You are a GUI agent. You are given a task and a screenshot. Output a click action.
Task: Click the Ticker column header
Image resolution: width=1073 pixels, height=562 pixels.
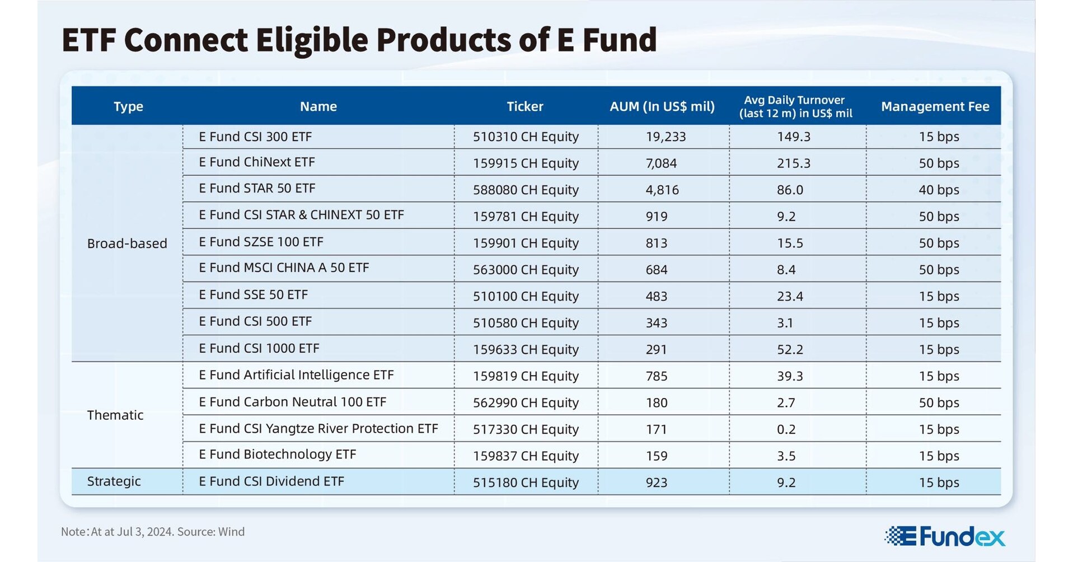(524, 106)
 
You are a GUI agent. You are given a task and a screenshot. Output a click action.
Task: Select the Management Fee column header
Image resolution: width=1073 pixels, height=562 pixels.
(935, 106)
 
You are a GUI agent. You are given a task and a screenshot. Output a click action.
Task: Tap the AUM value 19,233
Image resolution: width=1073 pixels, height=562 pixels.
(665, 137)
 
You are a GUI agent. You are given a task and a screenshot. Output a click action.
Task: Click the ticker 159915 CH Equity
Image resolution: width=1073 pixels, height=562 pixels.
(526, 163)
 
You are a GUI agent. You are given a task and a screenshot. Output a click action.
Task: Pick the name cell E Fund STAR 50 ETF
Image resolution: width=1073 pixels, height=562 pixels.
(257, 189)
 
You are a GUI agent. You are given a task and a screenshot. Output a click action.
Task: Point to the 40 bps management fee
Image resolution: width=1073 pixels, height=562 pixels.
(939, 190)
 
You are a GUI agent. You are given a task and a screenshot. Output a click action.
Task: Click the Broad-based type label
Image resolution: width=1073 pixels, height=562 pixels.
(127, 243)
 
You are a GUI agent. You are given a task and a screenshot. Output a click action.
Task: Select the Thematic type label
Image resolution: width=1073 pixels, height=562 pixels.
(115, 415)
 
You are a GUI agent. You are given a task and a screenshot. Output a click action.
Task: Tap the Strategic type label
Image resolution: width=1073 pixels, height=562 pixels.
(114, 481)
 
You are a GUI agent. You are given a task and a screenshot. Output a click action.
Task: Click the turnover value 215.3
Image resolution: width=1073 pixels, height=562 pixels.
(793, 163)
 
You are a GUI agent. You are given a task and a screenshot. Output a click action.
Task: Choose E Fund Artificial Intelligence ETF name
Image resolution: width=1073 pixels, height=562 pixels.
(296, 375)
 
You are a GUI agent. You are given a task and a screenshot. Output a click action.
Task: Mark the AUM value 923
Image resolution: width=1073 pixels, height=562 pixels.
(656, 483)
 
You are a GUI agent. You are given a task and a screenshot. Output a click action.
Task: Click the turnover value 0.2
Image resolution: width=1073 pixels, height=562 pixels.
(786, 429)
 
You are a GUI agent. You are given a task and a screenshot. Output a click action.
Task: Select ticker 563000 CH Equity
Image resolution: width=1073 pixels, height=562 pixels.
(526, 270)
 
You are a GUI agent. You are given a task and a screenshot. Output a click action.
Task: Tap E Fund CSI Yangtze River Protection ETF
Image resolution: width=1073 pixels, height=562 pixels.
(318, 429)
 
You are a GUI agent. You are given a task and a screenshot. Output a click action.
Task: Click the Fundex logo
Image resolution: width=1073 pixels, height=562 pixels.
(945, 536)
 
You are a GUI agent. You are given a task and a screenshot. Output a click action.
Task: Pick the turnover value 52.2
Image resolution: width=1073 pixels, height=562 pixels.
(790, 350)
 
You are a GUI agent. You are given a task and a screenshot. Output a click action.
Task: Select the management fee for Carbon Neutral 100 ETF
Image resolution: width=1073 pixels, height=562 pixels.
(939, 403)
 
